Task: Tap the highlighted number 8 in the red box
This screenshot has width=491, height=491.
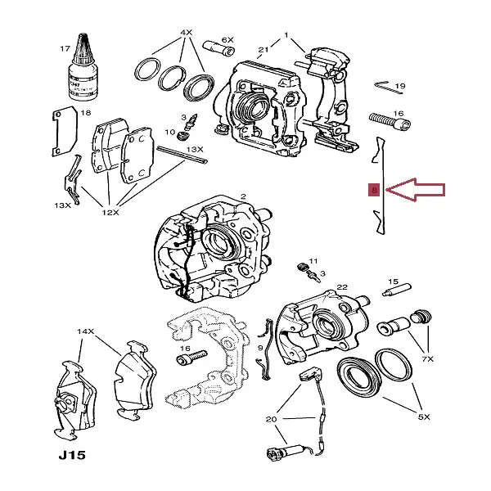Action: tap(374, 191)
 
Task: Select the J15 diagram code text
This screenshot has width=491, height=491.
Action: tap(71, 455)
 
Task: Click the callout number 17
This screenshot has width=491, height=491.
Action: tap(65, 48)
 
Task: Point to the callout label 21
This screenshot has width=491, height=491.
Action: tap(264, 50)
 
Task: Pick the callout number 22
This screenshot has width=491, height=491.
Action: tap(343, 286)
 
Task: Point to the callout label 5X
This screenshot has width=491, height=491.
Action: tap(424, 417)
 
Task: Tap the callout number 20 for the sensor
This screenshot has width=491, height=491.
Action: tap(272, 419)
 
